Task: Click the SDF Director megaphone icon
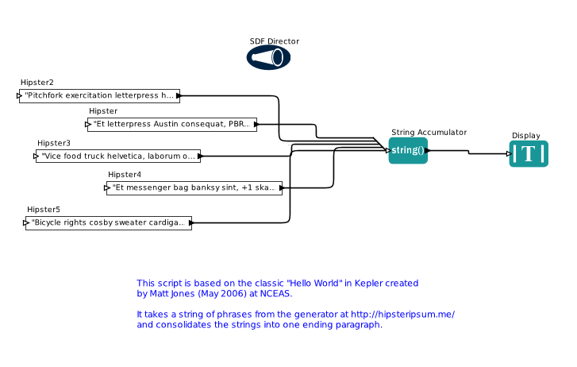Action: [x=268, y=57]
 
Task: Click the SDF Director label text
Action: [x=274, y=41]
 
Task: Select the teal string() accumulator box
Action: [x=408, y=150]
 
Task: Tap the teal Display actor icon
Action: [x=529, y=153]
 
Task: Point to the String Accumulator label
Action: [x=429, y=133]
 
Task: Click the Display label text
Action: [x=525, y=136]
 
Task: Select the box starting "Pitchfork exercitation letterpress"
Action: [x=99, y=95]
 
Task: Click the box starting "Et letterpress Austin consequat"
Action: [x=171, y=124]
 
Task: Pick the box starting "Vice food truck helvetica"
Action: [x=118, y=156]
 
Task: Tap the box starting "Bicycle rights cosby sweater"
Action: [x=108, y=223]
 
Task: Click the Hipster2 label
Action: [x=37, y=83]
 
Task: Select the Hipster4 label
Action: [x=125, y=175]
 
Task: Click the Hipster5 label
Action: [x=44, y=210]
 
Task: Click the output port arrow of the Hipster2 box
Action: [x=179, y=95]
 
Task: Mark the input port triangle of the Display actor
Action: [x=511, y=153]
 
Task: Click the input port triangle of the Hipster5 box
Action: [x=26, y=223]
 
